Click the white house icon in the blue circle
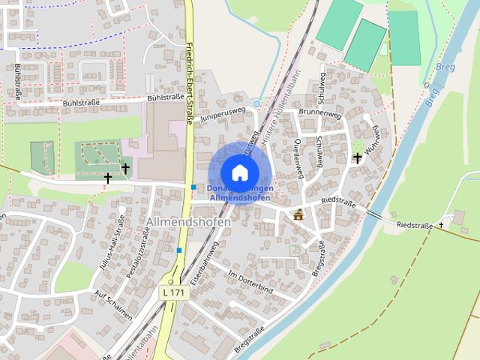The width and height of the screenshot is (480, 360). coord(238,172)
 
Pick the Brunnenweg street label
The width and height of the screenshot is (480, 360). coord(319,112)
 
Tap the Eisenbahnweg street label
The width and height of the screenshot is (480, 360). coord(203,262)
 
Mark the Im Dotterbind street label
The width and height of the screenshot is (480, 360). coord(249,282)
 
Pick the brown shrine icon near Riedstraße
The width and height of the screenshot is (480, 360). coord(298,215)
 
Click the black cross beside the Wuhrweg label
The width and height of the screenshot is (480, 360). coord(358,157)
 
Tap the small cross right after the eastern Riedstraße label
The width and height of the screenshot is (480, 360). coord(441,225)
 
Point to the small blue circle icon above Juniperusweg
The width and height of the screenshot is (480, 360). coord(257,103)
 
